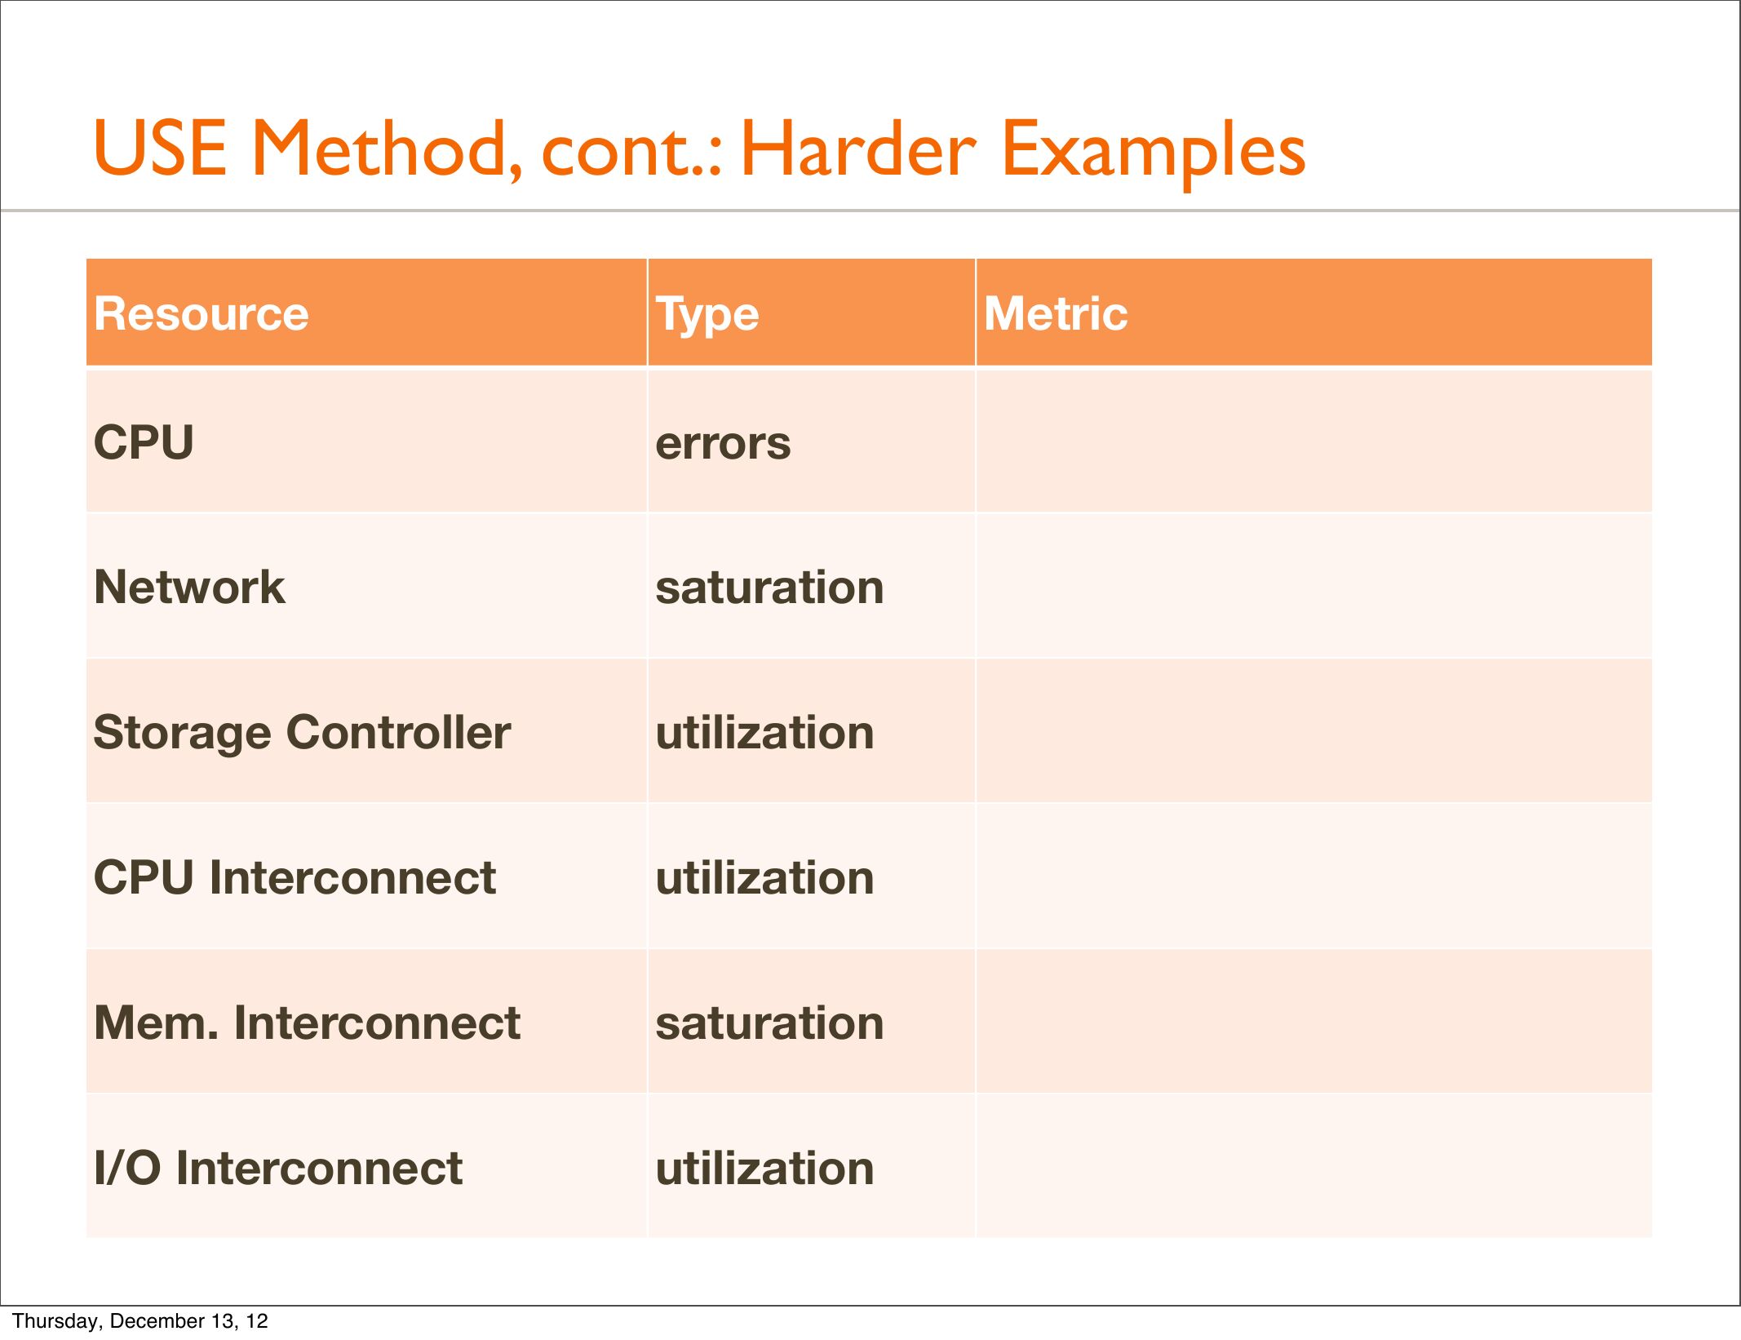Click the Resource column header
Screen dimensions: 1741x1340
(x=202, y=313)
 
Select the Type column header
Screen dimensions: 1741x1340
(x=707, y=315)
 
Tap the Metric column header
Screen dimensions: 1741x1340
(x=1056, y=313)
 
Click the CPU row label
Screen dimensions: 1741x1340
(x=144, y=442)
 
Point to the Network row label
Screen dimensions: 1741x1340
(x=190, y=587)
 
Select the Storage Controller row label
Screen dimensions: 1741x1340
(x=302, y=733)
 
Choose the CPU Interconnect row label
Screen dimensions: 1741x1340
(x=295, y=877)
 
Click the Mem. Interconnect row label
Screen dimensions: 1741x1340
(x=307, y=1023)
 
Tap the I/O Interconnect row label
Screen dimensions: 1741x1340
(x=278, y=1168)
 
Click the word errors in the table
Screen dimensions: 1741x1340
(x=723, y=444)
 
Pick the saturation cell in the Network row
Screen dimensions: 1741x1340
(x=769, y=588)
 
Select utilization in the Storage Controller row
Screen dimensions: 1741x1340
(x=764, y=732)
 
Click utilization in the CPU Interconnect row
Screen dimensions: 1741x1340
(x=764, y=877)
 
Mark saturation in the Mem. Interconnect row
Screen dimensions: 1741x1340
(x=769, y=1023)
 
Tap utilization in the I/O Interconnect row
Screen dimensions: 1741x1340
(x=764, y=1168)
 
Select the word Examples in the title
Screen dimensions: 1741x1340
(x=1154, y=153)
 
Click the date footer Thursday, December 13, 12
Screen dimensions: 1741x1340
(x=140, y=1321)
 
